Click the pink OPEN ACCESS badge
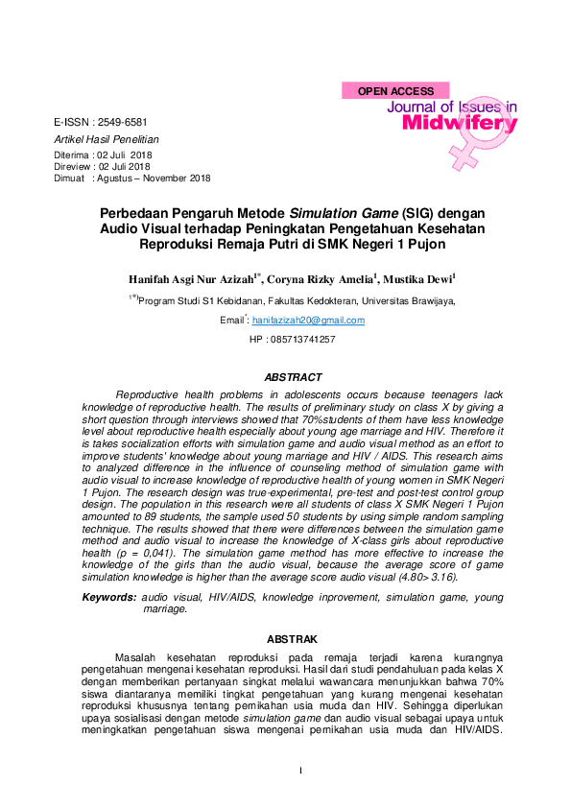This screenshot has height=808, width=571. [x=395, y=91]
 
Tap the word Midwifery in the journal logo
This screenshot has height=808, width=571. [x=460, y=124]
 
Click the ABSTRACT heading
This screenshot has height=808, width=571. [x=293, y=377]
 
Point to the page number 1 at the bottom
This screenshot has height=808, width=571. [x=300, y=772]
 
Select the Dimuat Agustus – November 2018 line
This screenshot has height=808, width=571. [x=132, y=178]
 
